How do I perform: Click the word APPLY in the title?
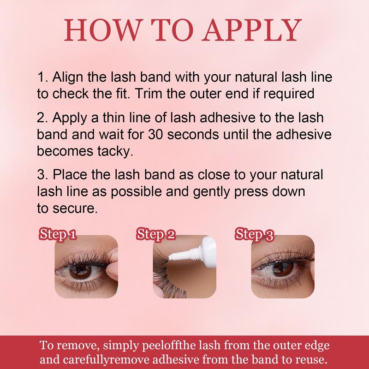(253, 30)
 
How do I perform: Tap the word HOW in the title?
(103, 30)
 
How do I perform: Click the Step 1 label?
(58, 234)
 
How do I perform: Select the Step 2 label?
(156, 234)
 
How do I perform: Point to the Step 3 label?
(255, 234)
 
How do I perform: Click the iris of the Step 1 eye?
(80, 271)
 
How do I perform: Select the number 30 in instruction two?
(155, 135)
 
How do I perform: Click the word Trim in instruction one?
(148, 94)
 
